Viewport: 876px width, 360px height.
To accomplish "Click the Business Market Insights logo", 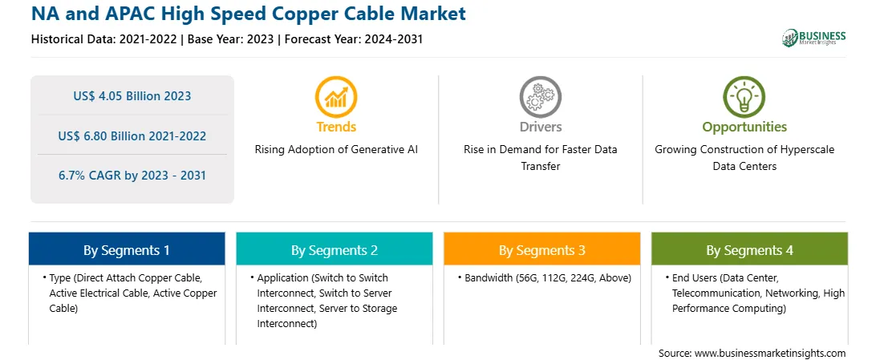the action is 814,38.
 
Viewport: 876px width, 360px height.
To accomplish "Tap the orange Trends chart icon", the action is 336,96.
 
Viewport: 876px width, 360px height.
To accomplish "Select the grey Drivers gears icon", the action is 540,96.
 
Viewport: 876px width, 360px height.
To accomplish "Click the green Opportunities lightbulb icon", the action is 744,96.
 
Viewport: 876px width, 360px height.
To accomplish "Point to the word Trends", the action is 336,127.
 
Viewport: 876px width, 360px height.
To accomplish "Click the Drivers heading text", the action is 540,127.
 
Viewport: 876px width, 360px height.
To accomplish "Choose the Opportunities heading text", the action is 744,127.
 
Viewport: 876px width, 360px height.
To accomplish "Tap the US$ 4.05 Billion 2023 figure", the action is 132,96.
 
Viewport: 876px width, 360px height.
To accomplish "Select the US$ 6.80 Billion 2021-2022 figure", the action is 132,136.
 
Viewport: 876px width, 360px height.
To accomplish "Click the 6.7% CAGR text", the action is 132,176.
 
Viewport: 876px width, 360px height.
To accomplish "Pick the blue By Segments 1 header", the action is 127,250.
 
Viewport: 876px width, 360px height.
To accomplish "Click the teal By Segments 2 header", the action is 334,250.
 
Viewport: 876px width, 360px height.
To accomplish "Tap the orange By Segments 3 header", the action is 542,250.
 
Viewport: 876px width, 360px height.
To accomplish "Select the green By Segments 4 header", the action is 750,250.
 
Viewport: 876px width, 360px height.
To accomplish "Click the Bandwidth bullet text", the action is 547,278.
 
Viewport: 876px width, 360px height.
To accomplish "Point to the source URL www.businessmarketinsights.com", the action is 770,353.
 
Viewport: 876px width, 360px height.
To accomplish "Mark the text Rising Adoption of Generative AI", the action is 336,150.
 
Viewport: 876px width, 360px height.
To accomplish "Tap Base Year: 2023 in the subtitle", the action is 231,39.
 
